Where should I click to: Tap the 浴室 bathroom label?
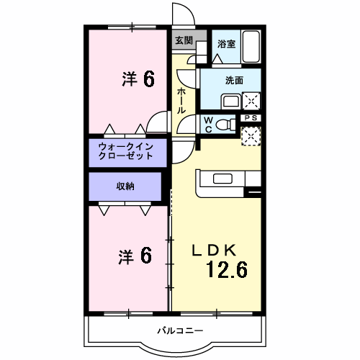(x=226, y=44)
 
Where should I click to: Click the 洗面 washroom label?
(x=233, y=81)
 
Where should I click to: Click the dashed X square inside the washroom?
(x=252, y=101)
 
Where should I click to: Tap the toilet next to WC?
(x=226, y=124)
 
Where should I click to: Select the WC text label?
(x=207, y=124)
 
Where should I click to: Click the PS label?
(x=251, y=117)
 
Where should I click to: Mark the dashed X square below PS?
(x=251, y=135)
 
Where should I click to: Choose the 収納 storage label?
(x=125, y=186)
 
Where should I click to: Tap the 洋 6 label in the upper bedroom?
(x=138, y=79)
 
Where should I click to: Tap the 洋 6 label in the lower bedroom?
(x=135, y=256)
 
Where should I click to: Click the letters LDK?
(x=212, y=251)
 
